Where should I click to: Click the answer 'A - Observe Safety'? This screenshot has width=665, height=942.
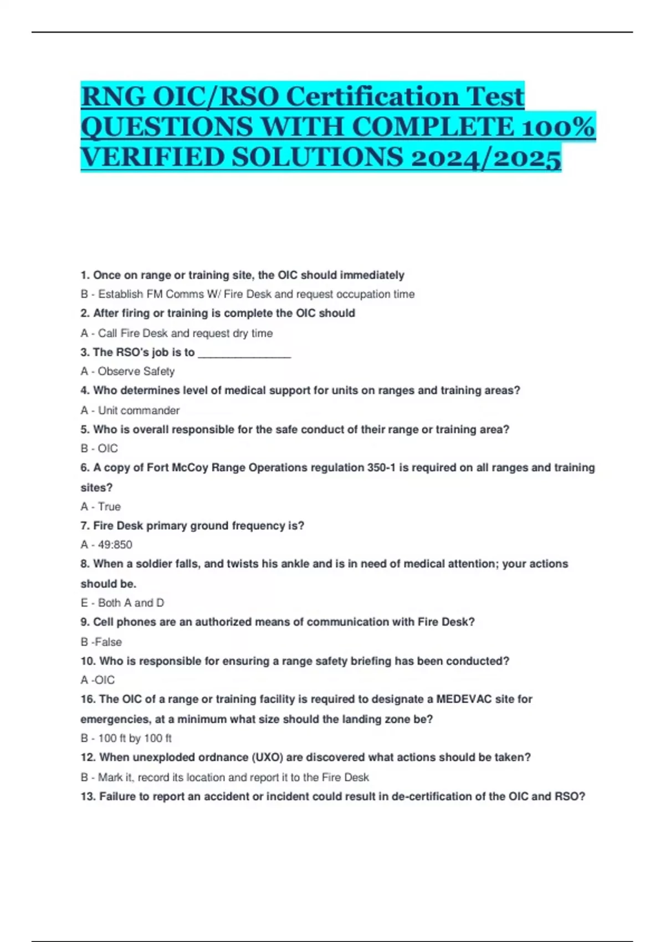point(127,371)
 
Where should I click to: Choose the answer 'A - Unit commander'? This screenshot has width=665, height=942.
point(130,411)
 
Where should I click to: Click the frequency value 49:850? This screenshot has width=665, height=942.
point(115,545)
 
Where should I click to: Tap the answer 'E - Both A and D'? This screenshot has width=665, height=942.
point(122,603)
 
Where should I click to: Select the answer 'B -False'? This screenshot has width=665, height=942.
point(101,642)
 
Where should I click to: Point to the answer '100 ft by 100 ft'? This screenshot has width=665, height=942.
point(135,738)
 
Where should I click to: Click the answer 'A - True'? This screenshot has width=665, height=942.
point(100,506)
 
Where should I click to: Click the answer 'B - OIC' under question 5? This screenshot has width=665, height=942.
point(99,448)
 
